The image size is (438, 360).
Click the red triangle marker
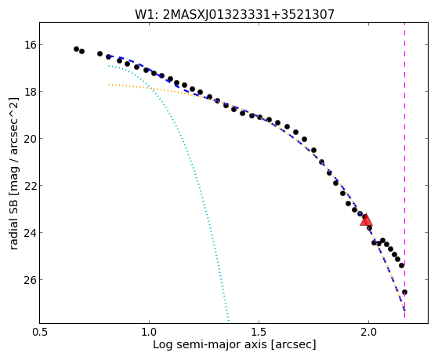point(366,220)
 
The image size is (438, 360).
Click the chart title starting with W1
point(234,14)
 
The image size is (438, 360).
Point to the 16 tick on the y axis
point(27,44)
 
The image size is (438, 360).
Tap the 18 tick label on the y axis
point(27,92)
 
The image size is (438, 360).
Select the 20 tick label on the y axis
point(27,139)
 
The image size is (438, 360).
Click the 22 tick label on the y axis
point(27,185)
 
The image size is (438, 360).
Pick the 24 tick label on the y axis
point(27,232)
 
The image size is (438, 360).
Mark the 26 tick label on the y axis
point(27,280)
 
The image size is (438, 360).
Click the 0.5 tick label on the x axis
point(40,333)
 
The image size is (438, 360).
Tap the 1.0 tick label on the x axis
point(149,333)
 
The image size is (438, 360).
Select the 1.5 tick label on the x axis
point(259,333)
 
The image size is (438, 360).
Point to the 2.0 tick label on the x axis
point(369,333)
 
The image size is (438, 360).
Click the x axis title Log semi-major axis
point(234,344)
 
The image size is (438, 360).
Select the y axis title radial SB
point(14,173)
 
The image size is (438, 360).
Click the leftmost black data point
point(76,49)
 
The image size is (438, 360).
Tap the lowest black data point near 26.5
point(404,293)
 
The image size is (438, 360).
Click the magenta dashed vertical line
point(405,170)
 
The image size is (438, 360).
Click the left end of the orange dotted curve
point(109,85)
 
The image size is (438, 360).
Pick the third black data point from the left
point(100,53)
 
